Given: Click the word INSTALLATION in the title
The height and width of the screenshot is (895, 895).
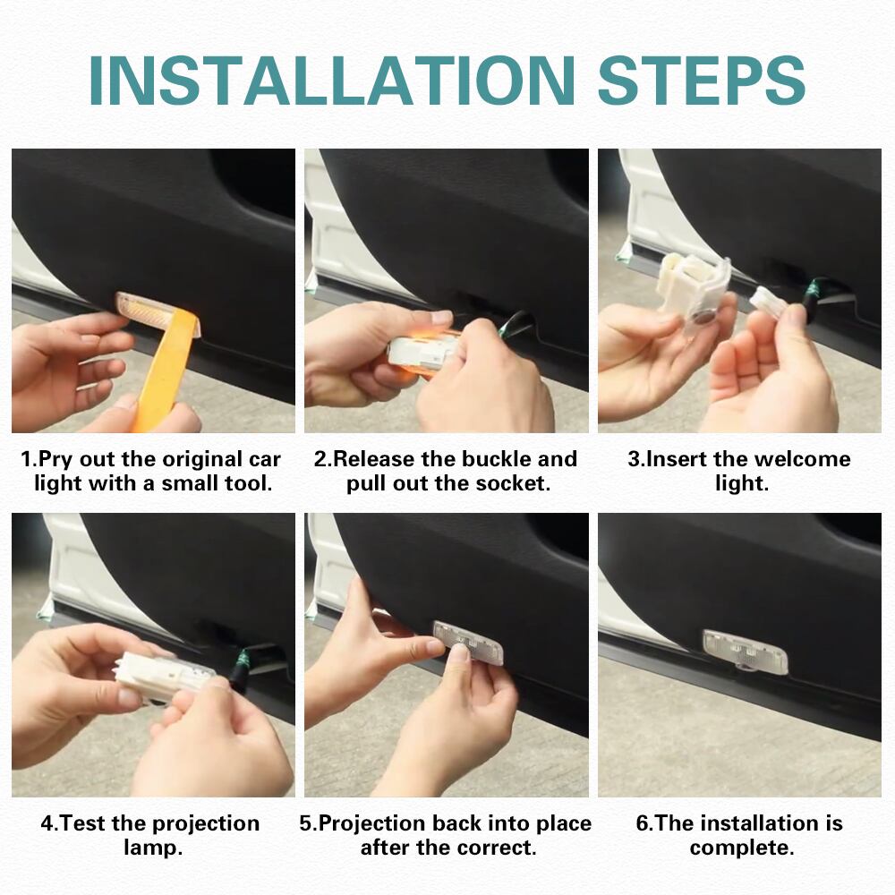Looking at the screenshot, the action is point(332,81).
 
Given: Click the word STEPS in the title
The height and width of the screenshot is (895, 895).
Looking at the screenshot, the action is point(702,81).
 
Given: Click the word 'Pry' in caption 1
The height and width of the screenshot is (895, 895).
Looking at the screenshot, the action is point(55,460).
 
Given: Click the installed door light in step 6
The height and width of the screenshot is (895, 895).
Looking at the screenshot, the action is point(745,651).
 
